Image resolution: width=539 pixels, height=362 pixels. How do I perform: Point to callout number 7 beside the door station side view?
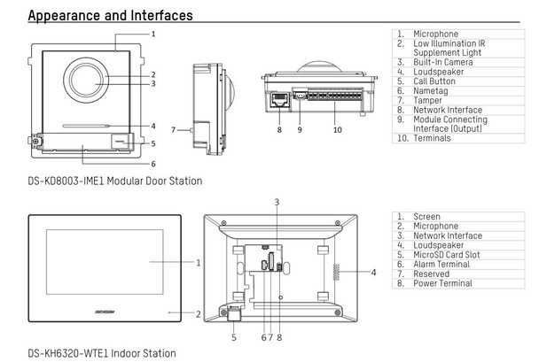click(x=174, y=128)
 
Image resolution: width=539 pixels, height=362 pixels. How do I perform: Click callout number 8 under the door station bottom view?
click(x=278, y=129)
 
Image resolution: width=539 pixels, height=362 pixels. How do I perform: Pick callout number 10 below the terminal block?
click(x=337, y=129)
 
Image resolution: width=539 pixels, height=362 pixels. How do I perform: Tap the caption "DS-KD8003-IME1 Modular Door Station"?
click(x=114, y=181)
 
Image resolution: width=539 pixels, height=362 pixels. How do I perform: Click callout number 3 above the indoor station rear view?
click(x=277, y=203)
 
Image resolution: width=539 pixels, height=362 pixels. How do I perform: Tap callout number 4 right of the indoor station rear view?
click(x=373, y=272)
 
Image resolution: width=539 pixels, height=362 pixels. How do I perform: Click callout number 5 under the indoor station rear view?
click(x=234, y=337)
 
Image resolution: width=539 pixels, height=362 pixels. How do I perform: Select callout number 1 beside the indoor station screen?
click(x=198, y=262)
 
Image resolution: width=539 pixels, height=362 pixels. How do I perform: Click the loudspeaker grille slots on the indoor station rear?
click(x=335, y=273)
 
